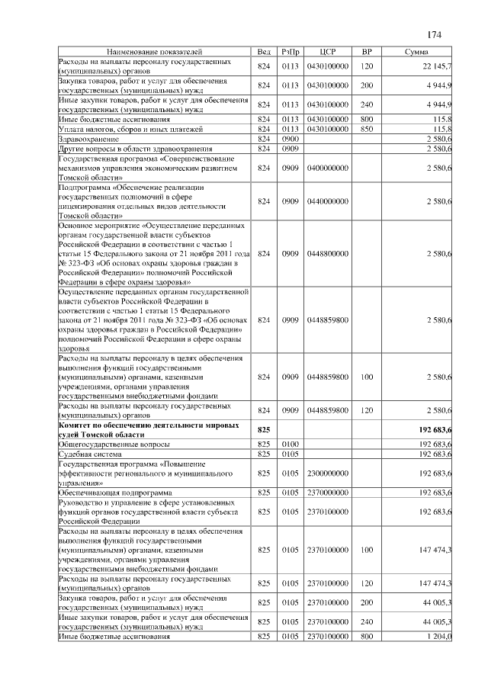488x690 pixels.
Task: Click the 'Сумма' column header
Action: (416, 51)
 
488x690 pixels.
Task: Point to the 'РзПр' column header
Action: (291, 51)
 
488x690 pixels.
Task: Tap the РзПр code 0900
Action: (291, 138)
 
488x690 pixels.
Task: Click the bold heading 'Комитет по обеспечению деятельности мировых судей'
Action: (152, 430)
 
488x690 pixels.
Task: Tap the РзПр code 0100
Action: (291, 444)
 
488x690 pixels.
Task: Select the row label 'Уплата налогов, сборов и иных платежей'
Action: (129, 129)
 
